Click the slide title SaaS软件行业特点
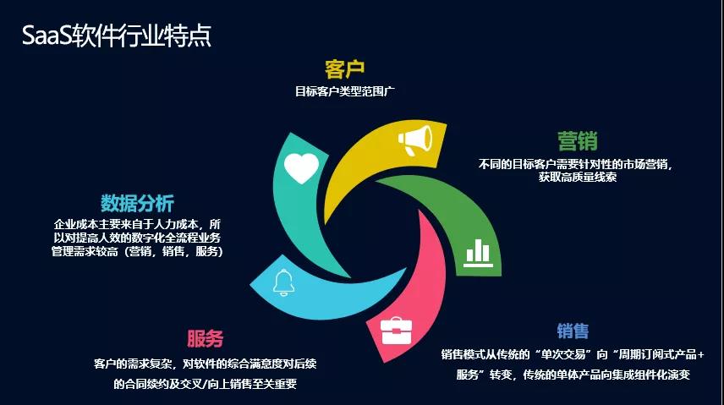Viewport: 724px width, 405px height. click(x=117, y=36)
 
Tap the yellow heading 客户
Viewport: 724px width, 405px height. click(x=344, y=69)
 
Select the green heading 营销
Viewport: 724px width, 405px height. click(x=577, y=141)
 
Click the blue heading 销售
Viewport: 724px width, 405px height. click(x=573, y=331)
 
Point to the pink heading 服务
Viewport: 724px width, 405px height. click(x=205, y=338)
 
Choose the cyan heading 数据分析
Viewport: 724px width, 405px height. click(x=137, y=203)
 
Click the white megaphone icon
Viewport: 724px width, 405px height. click(x=415, y=140)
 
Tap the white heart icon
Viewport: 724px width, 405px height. click(x=301, y=168)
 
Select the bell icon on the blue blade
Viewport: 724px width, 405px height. click(x=283, y=282)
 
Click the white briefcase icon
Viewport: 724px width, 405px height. click(x=396, y=331)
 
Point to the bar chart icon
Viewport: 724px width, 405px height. click(x=478, y=253)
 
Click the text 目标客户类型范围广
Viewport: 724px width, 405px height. click(x=344, y=91)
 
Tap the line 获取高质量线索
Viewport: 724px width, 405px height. click(x=577, y=177)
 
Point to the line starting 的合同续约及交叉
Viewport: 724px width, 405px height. click(x=205, y=384)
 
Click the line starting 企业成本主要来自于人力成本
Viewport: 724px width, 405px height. click(x=137, y=224)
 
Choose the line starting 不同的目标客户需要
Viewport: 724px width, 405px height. click(x=575, y=164)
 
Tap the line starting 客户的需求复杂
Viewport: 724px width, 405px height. click(x=205, y=364)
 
